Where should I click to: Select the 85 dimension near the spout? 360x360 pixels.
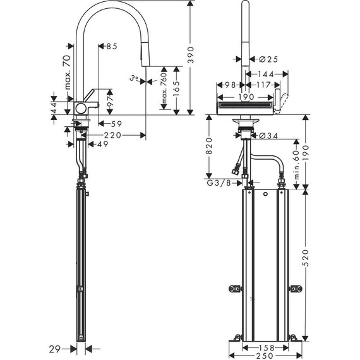(x=112, y=46)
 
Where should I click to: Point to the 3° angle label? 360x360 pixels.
(x=133, y=79)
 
